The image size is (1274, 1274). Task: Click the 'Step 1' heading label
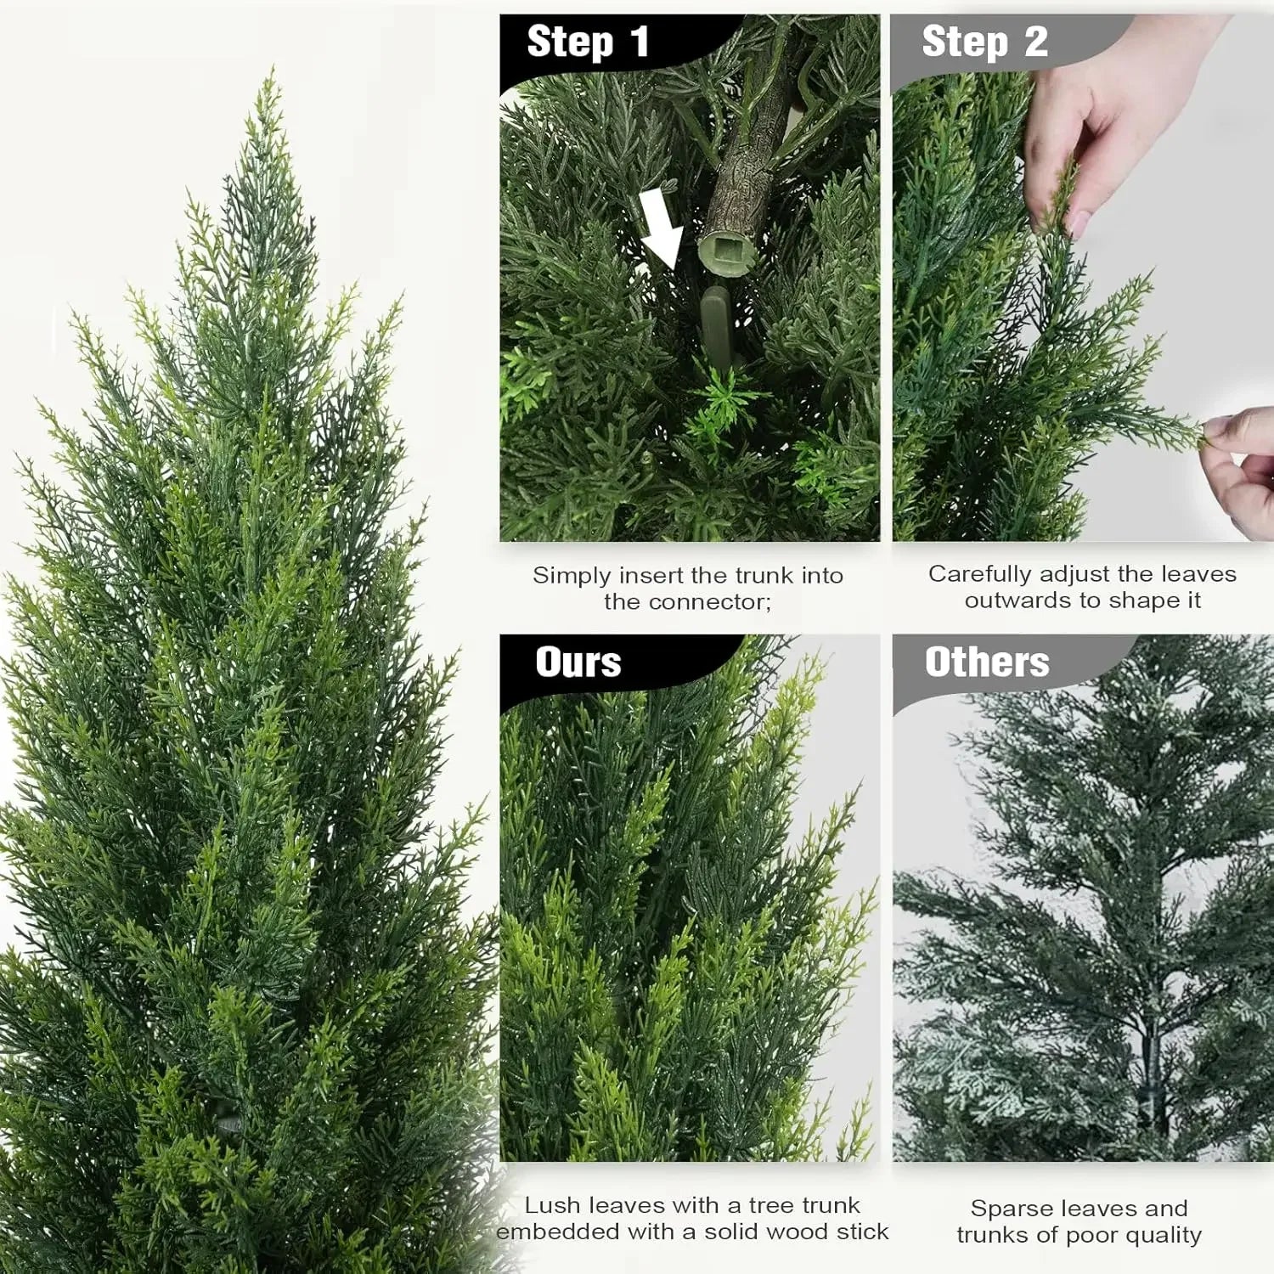point(588,42)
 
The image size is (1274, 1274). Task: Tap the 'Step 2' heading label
point(984,42)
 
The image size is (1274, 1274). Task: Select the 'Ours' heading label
point(578,662)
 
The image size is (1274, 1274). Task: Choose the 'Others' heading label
point(987,662)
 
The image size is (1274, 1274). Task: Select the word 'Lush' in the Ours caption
point(552,1204)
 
